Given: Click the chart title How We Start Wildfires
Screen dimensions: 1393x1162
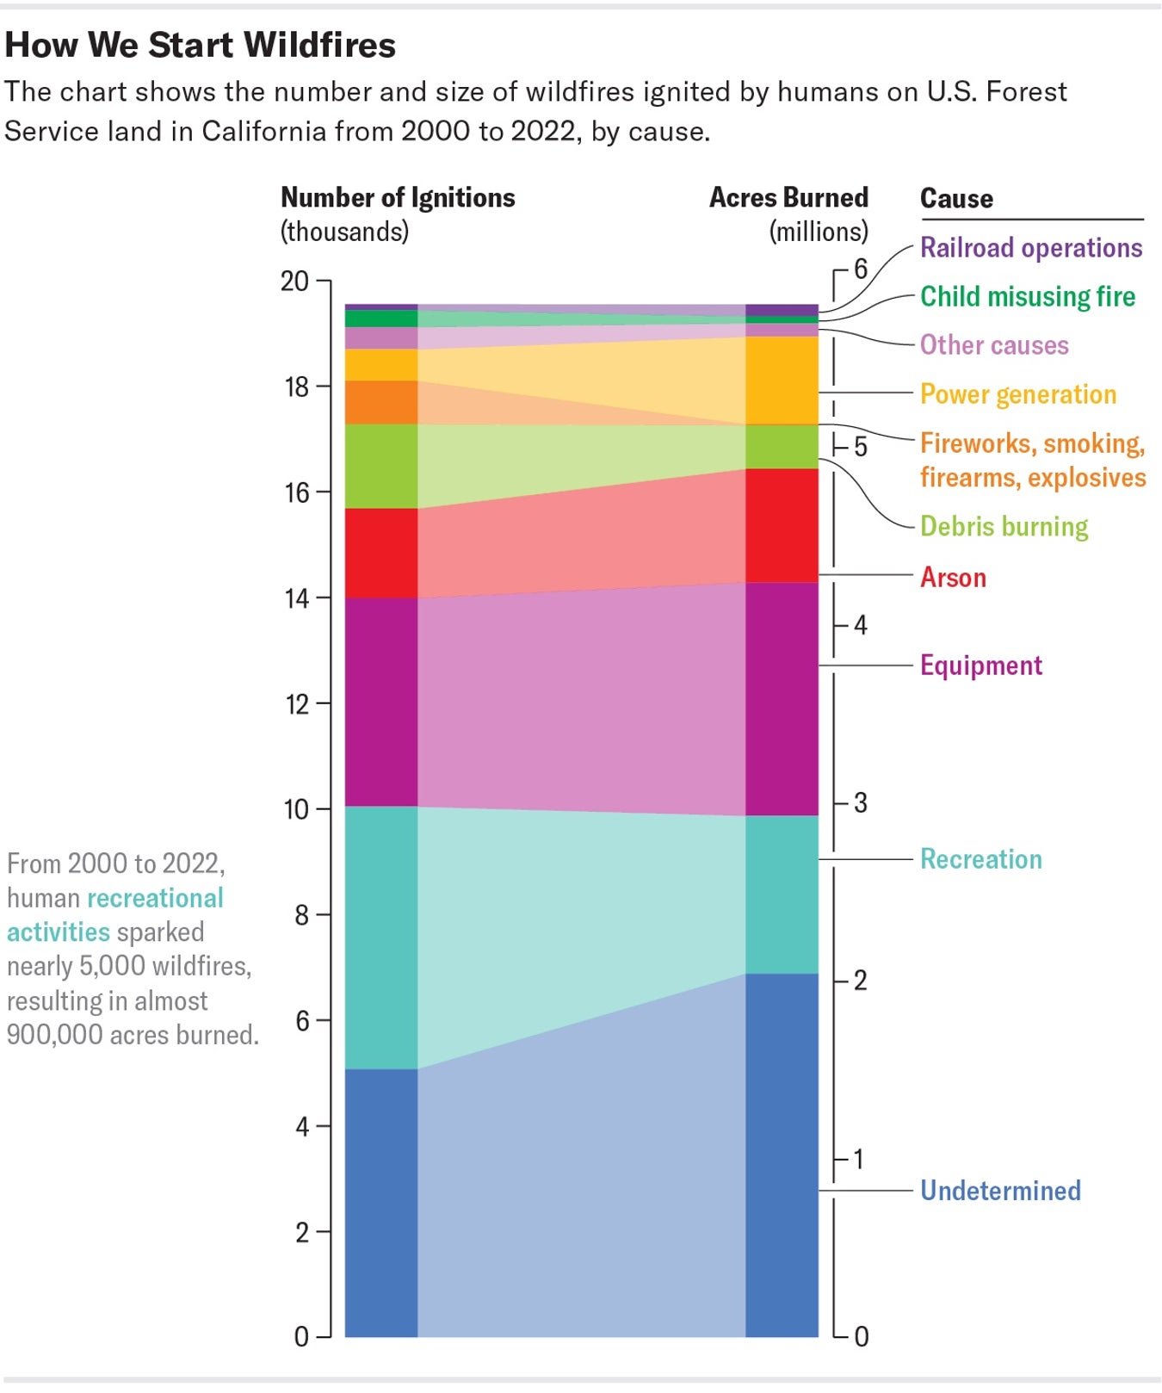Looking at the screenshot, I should [x=200, y=45].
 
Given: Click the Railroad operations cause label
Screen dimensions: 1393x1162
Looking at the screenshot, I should [x=1030, y=248].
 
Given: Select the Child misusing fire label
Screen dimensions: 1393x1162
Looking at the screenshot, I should [x=1027, y=297].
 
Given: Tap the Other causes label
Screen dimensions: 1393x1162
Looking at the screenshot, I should [x=993, y=345].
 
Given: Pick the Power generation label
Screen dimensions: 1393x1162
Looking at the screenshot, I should [x=1017, y=394].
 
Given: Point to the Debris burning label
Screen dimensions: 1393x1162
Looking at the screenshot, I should [x=1004, y=526].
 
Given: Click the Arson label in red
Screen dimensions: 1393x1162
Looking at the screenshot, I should [x=953, y=577].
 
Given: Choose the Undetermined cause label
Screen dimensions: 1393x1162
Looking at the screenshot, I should [x=999, y=1191].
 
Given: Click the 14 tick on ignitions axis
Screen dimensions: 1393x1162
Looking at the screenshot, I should [x=297, y=598].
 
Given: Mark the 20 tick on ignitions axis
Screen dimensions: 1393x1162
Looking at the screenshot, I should [x=295, y=282].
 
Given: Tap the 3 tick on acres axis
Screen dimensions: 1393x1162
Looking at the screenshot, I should [x=860, y=803].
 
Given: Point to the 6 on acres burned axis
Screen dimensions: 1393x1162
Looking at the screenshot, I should [x=860, y=269].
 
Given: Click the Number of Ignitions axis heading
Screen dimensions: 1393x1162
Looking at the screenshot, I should [x=398, y=198].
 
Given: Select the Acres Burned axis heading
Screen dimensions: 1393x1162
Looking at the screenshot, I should [x=788, y=198].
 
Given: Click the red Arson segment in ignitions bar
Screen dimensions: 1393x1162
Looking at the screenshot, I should [x=381, y=553].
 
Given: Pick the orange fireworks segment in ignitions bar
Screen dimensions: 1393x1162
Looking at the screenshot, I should [x=381, y=402].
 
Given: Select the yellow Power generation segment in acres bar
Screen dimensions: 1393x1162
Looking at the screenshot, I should [x=782, y=380].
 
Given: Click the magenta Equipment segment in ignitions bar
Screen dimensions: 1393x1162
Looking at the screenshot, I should [x=381, y=702].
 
